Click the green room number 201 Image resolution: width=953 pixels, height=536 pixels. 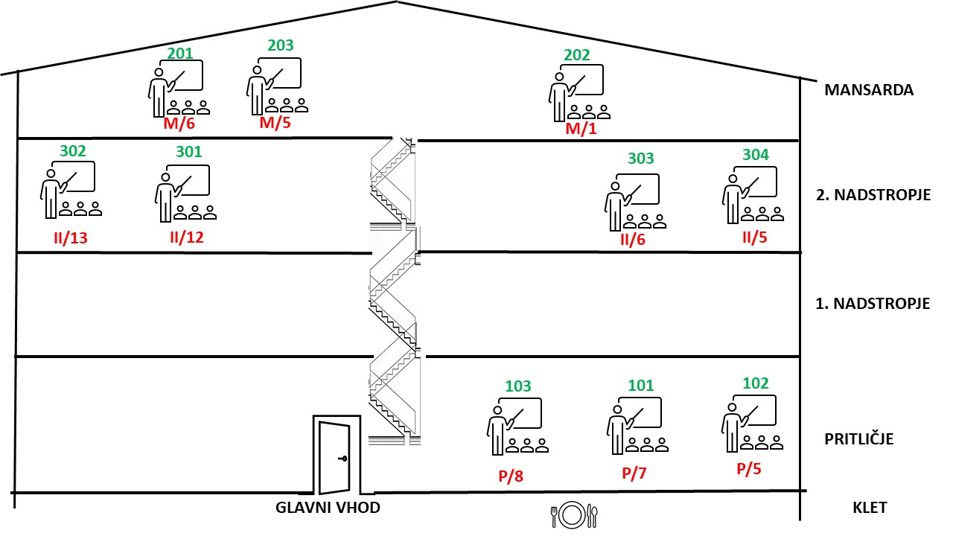point(180,53)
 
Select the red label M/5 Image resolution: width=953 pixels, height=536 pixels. point(275,123)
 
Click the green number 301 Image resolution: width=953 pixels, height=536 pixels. point(188,151)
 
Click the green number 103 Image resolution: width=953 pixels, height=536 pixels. point(518,386)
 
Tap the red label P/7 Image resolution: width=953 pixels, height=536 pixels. point(637,473)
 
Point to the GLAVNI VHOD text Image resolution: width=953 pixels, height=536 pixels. point(328,508)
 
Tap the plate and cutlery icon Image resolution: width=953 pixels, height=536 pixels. point(573,513)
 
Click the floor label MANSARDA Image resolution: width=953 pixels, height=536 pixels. point(869,90)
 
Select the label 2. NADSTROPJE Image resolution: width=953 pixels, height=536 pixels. point(873,195)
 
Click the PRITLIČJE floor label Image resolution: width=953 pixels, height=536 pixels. point(858,438)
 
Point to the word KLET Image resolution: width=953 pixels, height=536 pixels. point(870,508)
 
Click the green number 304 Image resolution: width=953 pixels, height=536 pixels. point(755,155)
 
